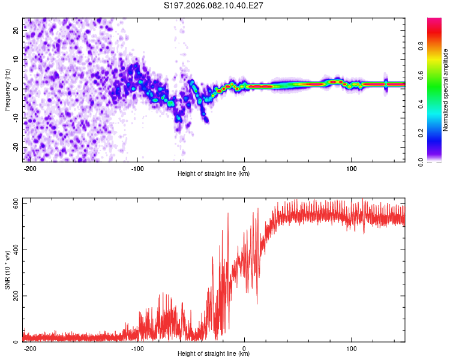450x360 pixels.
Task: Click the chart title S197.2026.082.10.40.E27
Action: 214,5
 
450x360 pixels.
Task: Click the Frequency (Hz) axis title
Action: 7,90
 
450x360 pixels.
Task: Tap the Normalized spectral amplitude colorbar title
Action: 446,90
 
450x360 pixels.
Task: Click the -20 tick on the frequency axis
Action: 16,147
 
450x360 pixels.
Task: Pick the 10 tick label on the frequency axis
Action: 17,59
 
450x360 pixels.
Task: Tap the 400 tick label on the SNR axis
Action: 15,250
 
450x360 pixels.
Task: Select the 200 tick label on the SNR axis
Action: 15,296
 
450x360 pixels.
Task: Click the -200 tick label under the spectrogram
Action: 30,167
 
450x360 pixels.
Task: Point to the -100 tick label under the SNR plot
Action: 137,347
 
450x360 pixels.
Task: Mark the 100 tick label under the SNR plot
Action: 351,347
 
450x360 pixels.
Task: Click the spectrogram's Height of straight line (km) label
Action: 214,174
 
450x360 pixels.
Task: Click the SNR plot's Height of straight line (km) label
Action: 214,354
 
